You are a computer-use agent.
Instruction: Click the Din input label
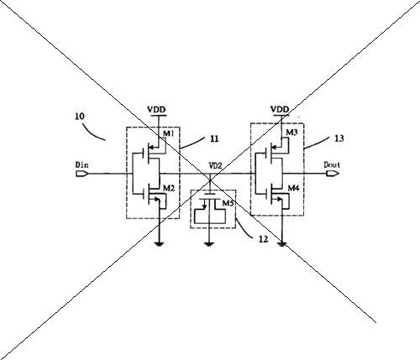coord(81,164)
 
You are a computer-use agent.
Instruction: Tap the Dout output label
coord(332,164)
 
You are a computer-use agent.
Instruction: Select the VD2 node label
coord(215,166)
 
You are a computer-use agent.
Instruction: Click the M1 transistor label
coord(168,133)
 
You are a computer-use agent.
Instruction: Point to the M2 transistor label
coord(169,188)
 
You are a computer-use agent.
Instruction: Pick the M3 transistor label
coord(291,133)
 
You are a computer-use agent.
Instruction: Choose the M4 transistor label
coord(293,188)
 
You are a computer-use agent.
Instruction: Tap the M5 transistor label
coord(228,203)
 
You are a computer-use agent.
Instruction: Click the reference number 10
coord(80,116)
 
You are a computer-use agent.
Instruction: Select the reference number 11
coord(214,138)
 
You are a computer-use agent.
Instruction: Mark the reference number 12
coord(263,239)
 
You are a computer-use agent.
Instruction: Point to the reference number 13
coord(339,138)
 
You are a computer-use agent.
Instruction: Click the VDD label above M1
coord(156,109)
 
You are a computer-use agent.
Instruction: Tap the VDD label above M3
coord(280,109)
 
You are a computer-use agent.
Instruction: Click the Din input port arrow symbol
coord(82,174)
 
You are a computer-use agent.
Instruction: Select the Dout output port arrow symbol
coord(333,174)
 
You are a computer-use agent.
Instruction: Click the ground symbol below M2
coord(160,244)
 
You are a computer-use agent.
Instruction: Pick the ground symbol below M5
coord(208,244)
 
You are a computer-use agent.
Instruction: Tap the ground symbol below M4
coord(282,245)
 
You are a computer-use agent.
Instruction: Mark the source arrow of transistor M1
coord(150,147)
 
